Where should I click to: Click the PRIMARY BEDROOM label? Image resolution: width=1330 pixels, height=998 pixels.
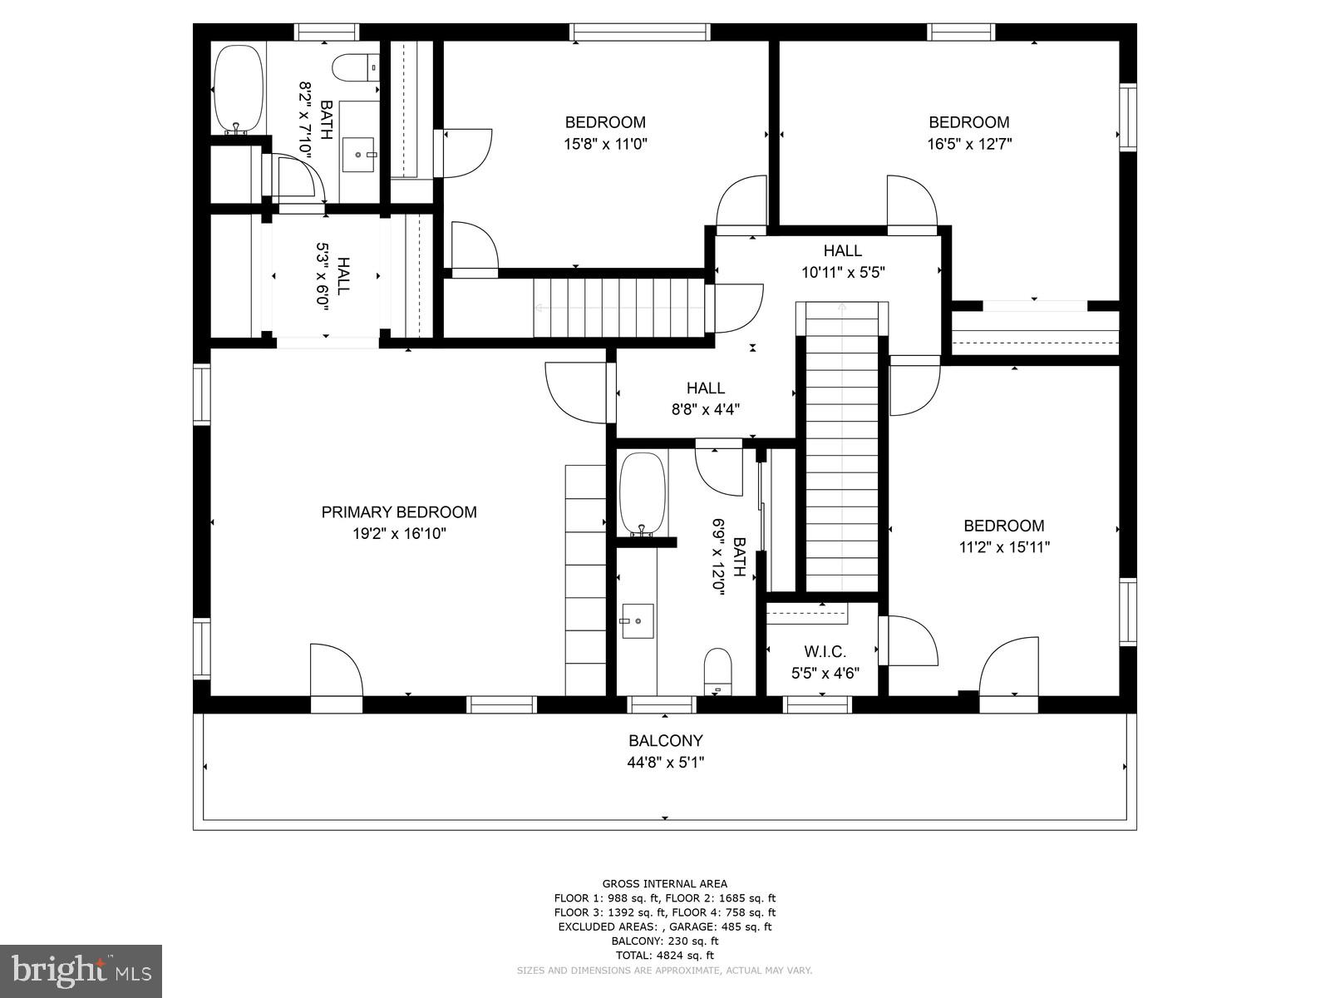[x=399, y=512]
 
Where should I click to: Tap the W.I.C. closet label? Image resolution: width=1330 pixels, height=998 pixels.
[x=825, y=652]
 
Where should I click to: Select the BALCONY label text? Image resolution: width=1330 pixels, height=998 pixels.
[x=665, y=740]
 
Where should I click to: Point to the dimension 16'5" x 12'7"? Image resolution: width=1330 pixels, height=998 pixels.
[x=968, y=144]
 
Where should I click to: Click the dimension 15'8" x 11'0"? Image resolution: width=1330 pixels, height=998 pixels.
[x=605, y=144]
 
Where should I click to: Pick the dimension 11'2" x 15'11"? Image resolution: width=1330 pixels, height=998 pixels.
[x=1003, y=547]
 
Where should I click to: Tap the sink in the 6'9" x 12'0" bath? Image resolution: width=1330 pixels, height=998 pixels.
[x=637, y=620]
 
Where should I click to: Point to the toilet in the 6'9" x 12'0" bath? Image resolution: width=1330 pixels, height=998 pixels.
[x=717, y=670]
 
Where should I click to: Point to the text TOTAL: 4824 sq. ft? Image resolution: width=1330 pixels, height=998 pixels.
[x=664, y=956]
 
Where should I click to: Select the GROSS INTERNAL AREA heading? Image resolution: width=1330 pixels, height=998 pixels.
[x=664, y=883]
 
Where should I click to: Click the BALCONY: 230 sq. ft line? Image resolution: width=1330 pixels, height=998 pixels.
[x=664, y=941]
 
